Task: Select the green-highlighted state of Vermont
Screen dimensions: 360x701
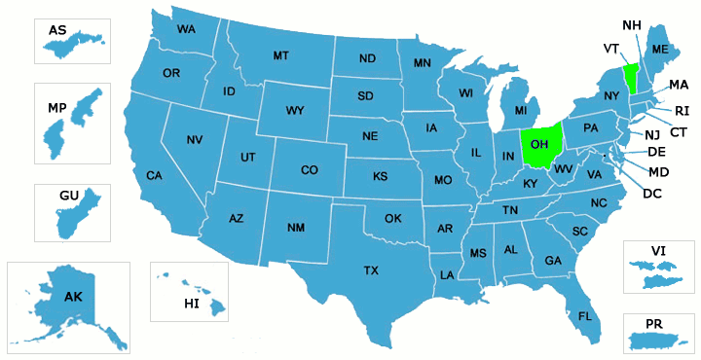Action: pos(629,77)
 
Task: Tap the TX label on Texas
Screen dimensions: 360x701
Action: pos(371,270)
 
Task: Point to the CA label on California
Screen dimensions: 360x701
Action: pos(154,175)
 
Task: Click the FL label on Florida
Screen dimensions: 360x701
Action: pos(585,316)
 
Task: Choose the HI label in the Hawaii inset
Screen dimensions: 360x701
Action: pos(192,304)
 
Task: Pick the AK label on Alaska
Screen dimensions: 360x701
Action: pos(73,296)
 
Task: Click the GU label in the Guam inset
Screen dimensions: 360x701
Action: pos(69,196)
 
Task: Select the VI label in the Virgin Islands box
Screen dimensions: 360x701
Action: pos(659,251)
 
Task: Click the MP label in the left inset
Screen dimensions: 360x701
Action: pos(55,106)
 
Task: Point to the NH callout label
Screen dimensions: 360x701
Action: pos(631,24)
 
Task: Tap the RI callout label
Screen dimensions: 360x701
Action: pos(683,111)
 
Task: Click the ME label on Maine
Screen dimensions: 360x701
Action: pos(660,50)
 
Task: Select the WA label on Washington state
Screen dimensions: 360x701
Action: pos(185,29)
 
